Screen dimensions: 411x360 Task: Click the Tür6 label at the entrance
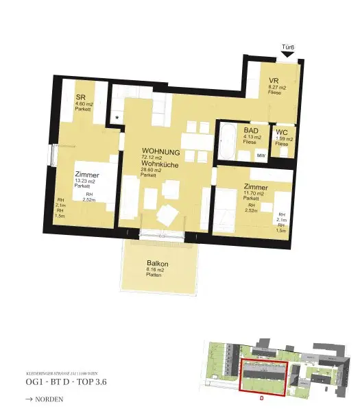coord(288,47)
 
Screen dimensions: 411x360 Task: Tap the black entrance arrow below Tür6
coord(288,54)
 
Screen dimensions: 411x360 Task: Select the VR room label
coord(274,81)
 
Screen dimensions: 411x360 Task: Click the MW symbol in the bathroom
coord(261,155)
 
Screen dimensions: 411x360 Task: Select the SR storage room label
coord(80,97)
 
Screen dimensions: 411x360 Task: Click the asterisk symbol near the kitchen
coord(117,119)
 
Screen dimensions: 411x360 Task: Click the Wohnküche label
coord(161,164)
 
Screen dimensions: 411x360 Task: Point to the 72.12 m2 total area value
coord(152,158)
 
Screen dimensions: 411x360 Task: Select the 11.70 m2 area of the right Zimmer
coord(254,193)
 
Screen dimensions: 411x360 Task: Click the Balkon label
coord(158,263)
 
